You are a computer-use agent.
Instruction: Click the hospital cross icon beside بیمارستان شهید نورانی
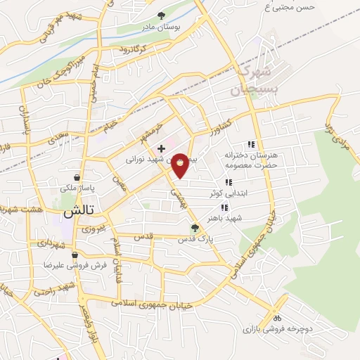(162, 148)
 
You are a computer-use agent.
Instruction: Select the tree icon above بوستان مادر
(161, 15)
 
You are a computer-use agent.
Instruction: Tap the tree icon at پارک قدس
(195, 227)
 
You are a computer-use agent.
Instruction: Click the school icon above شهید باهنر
(224, 207)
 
